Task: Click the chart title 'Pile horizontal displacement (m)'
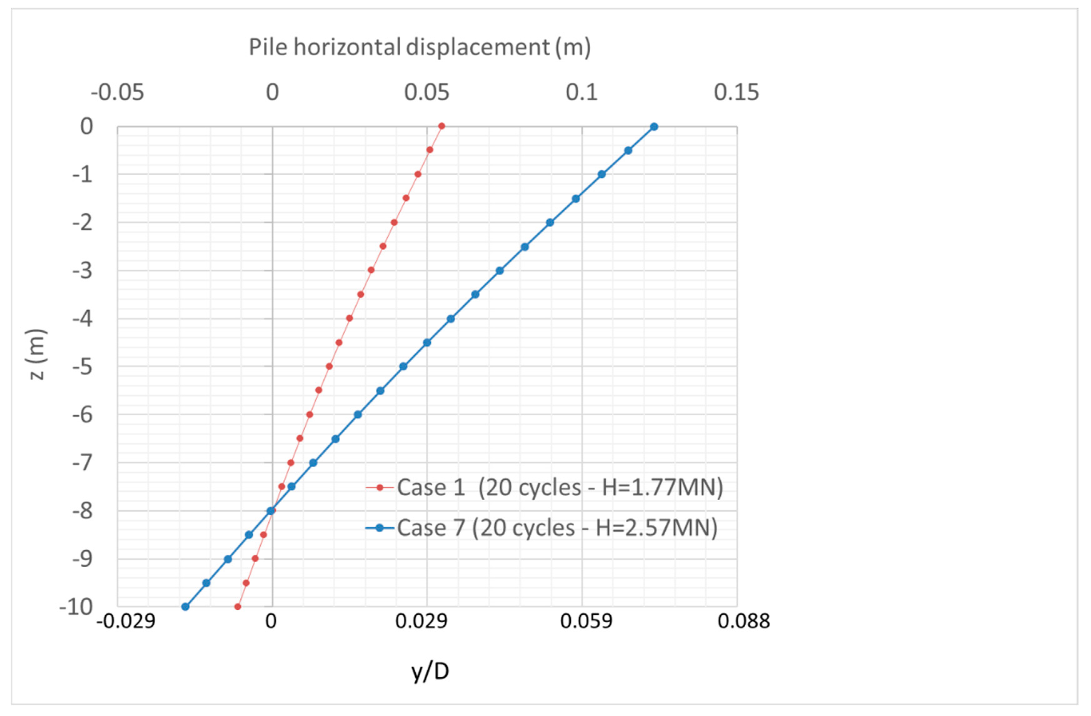[419, 47]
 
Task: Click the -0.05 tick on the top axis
[118, 93]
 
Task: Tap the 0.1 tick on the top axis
[582, 93]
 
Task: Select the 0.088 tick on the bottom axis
[743, 621]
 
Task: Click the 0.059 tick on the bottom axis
[586, 621]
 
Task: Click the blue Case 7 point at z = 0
[654, 127]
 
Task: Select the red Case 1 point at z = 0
[442, 126]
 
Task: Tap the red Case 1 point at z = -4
[349, 318]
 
